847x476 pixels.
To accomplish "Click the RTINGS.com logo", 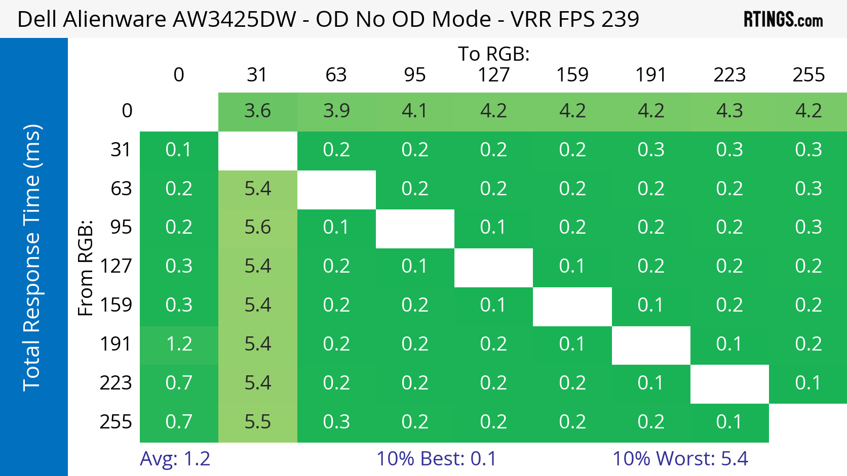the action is point(783,19).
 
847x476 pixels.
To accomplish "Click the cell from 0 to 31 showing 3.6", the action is point(257,112).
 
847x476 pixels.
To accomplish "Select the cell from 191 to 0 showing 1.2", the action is point(179,345).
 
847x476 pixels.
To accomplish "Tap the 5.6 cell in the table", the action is point(257,228).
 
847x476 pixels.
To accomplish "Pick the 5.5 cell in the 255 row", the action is point(257,422).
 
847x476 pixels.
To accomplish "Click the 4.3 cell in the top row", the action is point(730,112).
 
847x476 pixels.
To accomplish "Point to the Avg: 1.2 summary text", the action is point(175,459).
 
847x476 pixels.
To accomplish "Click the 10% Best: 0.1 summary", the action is point(436,459).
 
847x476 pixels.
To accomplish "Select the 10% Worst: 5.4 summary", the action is point(680,459).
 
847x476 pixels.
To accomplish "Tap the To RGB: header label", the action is point(493,54).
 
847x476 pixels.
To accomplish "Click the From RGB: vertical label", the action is point(86,268).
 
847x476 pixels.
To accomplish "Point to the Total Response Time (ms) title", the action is point(32,258).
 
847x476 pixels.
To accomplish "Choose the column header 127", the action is point(493,75).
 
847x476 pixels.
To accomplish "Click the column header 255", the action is point(808,75).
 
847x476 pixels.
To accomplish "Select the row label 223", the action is point(115,383).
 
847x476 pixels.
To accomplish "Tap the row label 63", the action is point(121,189).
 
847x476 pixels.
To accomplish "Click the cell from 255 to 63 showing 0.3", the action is point(336,422).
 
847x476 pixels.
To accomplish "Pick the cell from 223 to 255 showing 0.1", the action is point(808,383).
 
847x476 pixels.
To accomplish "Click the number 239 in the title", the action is point(621,19).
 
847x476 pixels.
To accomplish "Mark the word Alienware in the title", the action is point(114,19).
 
